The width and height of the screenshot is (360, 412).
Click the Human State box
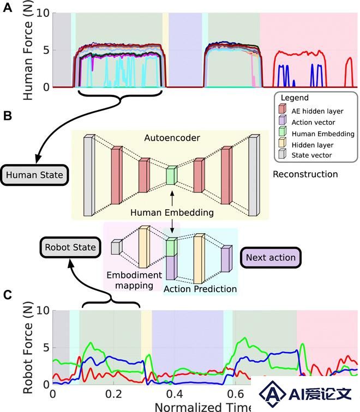coord(34,175)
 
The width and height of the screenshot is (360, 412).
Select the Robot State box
coord(70,247)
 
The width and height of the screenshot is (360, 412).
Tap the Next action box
coord(271,257)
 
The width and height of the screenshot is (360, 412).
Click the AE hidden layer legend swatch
coord(283,109)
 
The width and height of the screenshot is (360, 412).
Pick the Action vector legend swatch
coord(283,120)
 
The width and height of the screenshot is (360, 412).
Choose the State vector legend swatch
coord(283,154)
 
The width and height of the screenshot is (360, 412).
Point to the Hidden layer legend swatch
coord(283,142)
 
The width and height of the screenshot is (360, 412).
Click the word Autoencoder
coord(172,138)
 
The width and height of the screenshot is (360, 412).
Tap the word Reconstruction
coord(305,174)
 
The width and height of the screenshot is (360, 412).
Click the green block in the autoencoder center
coord(171,175)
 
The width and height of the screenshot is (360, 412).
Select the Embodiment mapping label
coord(134,280)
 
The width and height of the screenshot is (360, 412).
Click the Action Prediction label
coord(200,289)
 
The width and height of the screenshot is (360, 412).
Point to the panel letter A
coord(7,8)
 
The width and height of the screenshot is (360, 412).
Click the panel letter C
coord(8,295)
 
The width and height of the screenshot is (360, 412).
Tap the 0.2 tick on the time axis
coord(114,394)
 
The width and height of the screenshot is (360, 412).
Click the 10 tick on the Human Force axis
coord(43,13)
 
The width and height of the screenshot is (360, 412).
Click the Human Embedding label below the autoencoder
coord(172,213)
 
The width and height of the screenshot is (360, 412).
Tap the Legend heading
coord(295,98)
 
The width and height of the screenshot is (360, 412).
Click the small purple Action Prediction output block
coord(226,259)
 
